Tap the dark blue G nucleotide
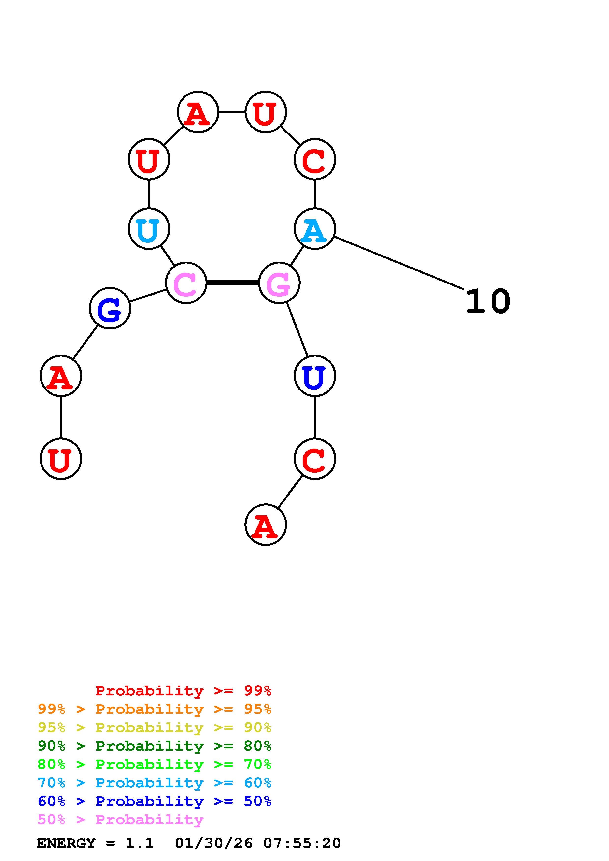pos(110,308)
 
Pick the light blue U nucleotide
pos(149,229)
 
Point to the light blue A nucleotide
pos(314,229)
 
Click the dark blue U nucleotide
pos(314,376)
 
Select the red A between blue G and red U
pos(61,376)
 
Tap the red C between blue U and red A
pos(314,459)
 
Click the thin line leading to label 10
pos(398,263)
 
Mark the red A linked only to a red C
pos(266,525)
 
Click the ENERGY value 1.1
pos(140,843)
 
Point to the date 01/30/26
pos(214,843)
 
